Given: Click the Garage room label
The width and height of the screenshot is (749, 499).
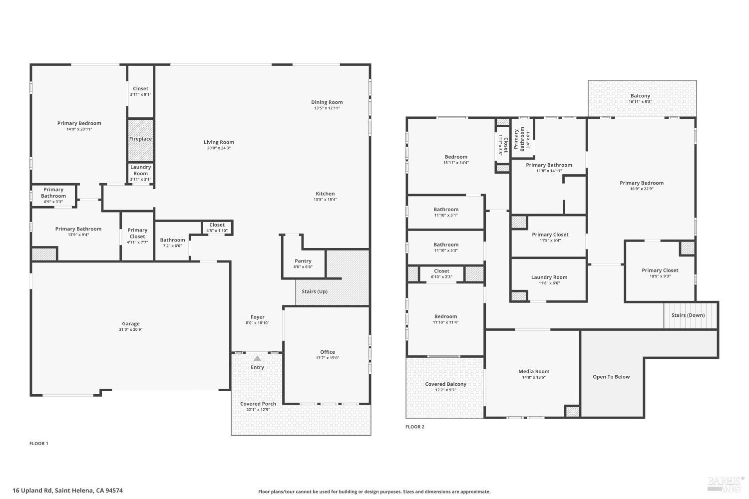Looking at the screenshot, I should (x=131, y=323).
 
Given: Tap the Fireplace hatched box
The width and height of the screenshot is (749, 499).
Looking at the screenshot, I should (x=140, y=139).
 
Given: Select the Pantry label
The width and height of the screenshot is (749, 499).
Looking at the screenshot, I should (x=303, y=261).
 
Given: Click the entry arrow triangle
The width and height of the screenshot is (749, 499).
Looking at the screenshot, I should (x=257, y=358).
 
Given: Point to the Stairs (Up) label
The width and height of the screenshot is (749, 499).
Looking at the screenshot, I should (x=315, y=291).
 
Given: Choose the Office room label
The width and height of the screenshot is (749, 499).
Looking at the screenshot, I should (x=327, y=352).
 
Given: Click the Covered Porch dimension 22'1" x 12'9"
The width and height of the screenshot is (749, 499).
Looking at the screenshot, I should (x=258, y=410).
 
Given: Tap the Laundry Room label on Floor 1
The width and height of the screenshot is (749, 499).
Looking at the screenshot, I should (x=140, y=170).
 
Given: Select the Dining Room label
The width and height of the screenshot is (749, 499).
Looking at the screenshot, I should (x=327, y=102).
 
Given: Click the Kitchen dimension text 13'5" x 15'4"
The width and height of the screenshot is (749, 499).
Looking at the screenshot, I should (x=325, y=200).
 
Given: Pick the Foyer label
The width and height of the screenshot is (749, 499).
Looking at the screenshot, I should (x=257, y=317).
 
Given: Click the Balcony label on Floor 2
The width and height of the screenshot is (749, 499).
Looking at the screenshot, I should (x=640, y=96).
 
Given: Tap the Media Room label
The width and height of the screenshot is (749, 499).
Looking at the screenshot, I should (x=534, y=371).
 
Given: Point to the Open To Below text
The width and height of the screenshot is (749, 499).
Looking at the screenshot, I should (x=611, y=377).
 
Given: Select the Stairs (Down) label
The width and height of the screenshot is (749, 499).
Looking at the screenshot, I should (x=688, y=315).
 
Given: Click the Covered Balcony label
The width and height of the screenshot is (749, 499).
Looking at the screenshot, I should (x=445, y=384).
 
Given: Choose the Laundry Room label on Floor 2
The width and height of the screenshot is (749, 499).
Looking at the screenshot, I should (x=549, y=277).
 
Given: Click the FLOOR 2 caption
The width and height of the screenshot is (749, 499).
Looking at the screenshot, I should (x=414, y=427).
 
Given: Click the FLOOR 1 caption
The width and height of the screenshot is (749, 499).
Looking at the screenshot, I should (x=38, y=443).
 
